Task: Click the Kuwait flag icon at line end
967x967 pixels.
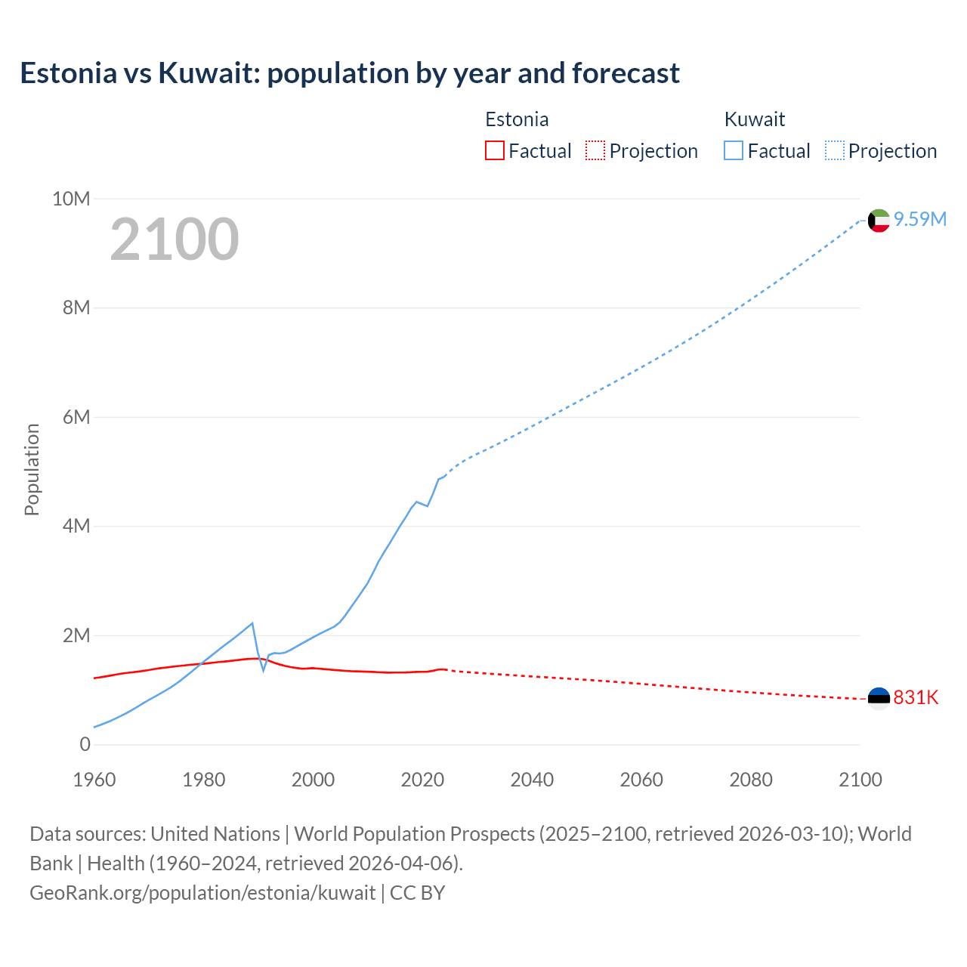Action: coord(879,221)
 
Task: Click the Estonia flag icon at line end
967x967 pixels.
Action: coord(879,698)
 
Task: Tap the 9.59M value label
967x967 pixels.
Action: coord(920,219)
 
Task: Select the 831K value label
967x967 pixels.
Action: coord(916,697)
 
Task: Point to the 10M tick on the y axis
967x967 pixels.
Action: coord(71,199)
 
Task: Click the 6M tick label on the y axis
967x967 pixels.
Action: coord(76,417)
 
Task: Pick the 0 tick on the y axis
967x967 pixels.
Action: coord(85,744)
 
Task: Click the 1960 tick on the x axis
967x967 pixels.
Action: coord(94,780)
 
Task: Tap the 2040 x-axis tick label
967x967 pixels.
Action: coord(532,780)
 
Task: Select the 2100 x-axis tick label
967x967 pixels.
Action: coord(860,780)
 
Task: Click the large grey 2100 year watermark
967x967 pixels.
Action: coord(175,239)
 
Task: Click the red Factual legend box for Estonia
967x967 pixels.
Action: coord(494,150)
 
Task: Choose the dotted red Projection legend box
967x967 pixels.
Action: coord(595,150)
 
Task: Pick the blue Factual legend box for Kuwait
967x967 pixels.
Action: coord(733,150)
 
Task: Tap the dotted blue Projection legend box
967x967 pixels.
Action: coord(835,150)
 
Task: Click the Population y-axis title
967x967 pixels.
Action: coord(32,469)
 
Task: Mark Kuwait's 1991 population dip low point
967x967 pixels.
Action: coord(264,670)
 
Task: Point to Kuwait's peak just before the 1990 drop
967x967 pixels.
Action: coord(252,623)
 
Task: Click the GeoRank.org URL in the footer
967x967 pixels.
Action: coord(202,893)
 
